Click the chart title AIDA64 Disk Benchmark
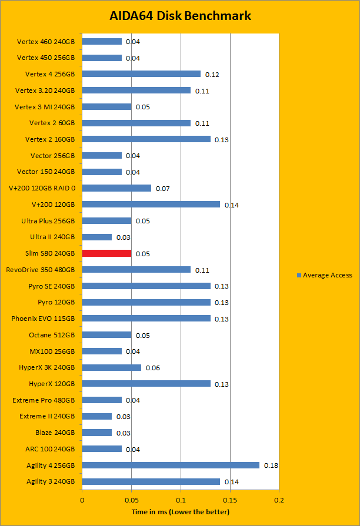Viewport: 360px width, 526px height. (180, 16)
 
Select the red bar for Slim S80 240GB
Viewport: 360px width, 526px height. (106, 253)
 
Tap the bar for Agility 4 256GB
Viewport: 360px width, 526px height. (171, 465)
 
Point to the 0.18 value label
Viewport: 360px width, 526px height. (271, 465)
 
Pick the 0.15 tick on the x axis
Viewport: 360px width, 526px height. (230, 500)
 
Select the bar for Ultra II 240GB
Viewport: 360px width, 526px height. (96, 237)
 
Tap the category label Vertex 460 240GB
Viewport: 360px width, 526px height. (46, 42)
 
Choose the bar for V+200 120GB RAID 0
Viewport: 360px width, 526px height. (116, 188)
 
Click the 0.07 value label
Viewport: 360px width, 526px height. (162, 189)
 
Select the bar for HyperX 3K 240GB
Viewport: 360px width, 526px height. (111, 367)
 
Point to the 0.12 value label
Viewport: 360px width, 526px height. (212, 75)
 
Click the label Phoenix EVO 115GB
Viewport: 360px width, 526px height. (43, 319)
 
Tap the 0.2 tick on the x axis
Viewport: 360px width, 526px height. (279, 500)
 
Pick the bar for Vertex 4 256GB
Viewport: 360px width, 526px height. (141, 74)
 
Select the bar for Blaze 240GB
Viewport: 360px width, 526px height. (96, 433)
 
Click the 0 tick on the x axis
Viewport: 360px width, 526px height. (82, 500)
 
